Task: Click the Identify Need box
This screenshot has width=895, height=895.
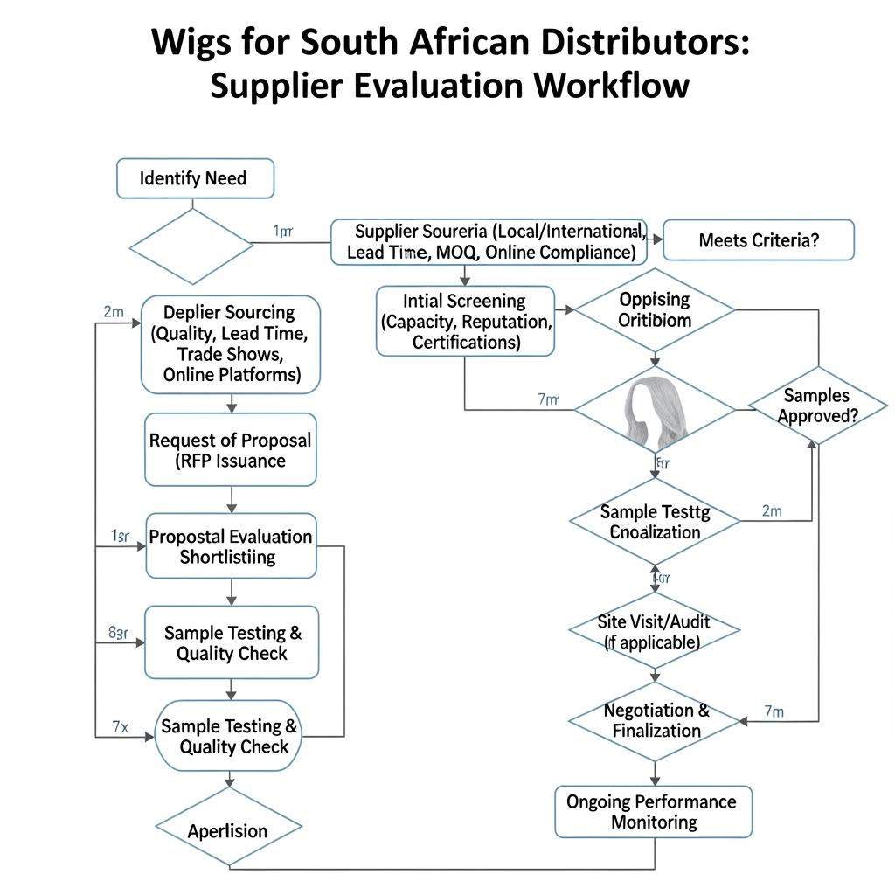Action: [195, 178]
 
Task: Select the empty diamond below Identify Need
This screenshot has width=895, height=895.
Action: [191, 246]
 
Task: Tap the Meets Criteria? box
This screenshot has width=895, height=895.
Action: [759, 240]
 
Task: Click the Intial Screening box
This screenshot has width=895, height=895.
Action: [465, 322]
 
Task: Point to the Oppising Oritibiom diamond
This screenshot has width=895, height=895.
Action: [655, 309]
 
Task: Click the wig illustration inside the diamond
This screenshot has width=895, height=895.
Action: [655, 409]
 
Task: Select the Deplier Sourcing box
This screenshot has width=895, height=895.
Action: [231, 343]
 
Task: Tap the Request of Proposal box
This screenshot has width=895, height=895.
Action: [230, 450]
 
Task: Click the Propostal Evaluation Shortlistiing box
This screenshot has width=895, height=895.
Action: [231, 546]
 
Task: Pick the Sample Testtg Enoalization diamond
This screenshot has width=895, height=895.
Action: [655, 522]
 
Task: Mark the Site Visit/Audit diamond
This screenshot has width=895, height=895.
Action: [655, 631]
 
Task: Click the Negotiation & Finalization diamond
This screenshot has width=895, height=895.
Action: [656, 720]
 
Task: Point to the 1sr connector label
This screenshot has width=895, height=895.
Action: [120, 537]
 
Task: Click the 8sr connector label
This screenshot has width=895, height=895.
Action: [118, 633]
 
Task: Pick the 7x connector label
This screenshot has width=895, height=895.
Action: [120, 725]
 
